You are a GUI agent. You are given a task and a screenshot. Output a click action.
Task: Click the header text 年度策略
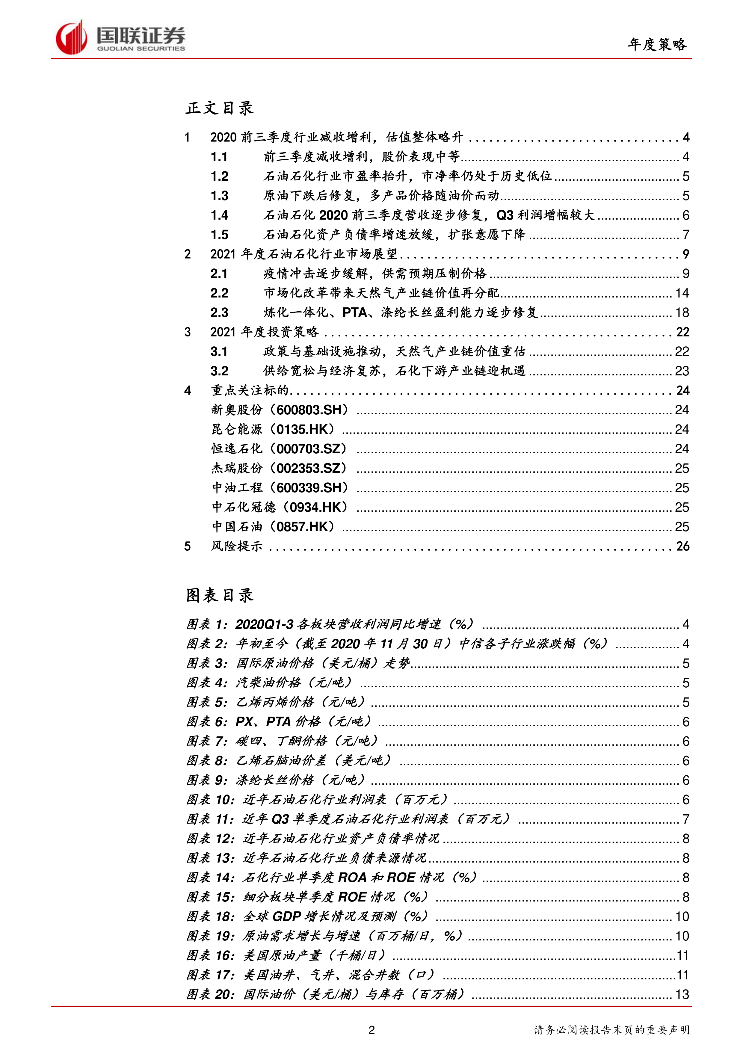(x=657, y=44)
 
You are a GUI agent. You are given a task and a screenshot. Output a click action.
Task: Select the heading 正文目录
(x=219, y=108)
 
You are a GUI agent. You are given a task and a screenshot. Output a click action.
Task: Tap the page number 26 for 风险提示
(x=682, y=546)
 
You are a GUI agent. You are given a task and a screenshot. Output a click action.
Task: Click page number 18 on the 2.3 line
(x=682, y=313)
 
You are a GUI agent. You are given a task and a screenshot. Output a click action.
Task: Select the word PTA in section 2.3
(x=355, y=313)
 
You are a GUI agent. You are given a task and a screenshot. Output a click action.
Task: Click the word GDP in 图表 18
(x=287, y=917)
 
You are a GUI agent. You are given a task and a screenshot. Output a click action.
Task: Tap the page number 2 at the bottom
(x=371, y=1030)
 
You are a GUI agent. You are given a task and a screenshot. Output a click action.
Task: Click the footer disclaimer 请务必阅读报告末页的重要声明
(x=611, y=1030)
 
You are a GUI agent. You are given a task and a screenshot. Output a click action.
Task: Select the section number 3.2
(x=219, y=371)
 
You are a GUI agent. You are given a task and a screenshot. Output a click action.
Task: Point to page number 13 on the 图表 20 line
(x=682, y=995)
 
